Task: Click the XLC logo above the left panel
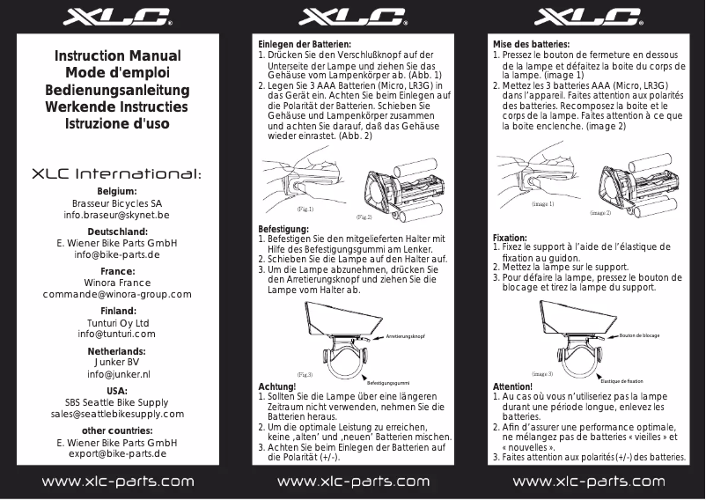tap(117, 18)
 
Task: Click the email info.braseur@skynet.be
tap(117, 215)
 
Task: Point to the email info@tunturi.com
tap(117, 335)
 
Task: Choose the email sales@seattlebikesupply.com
tap(117, 414)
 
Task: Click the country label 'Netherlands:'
tap(117, 351)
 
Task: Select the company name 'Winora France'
tap(117, 283)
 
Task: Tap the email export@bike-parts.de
tap(117, 454)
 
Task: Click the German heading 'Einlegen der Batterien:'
tap(304, 44)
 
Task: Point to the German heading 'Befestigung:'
tap(283, 229)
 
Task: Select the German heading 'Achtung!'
tap(276, 386)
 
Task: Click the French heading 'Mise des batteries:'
tap(531, 44)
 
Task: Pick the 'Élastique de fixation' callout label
tap(628, 381)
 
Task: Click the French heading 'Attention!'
tap(513, 386)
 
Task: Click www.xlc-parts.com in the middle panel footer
tap(352, 482)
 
